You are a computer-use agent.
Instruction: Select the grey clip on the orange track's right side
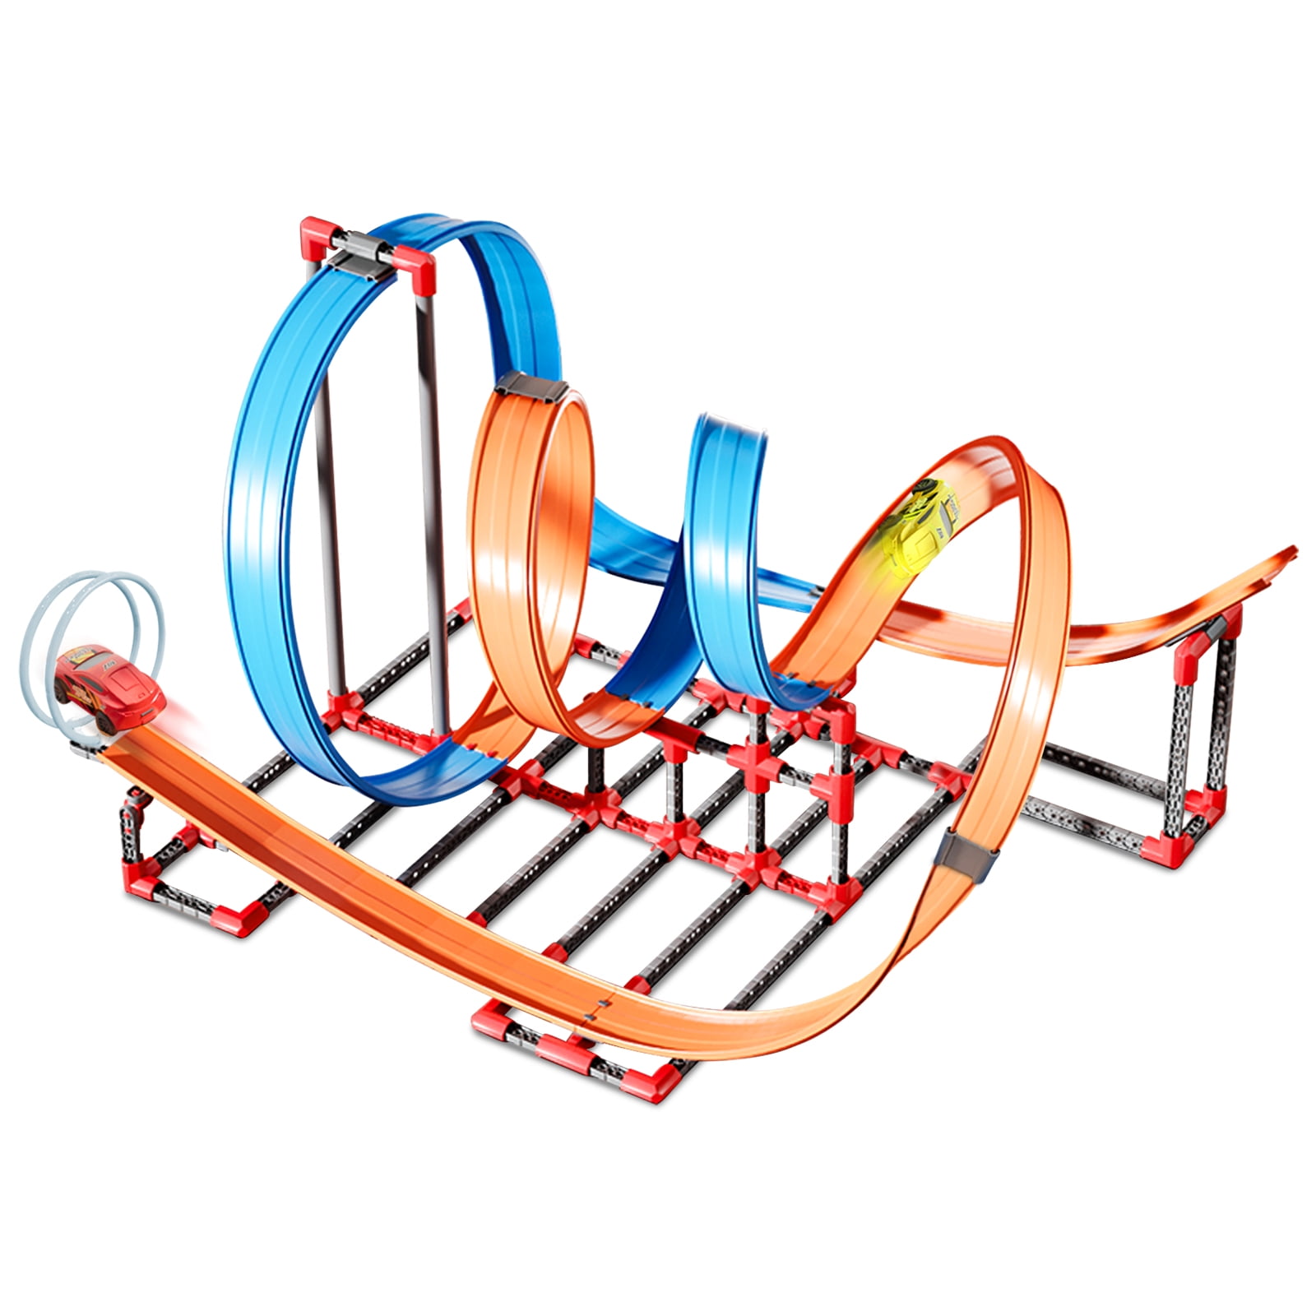(x=968, y=856)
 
